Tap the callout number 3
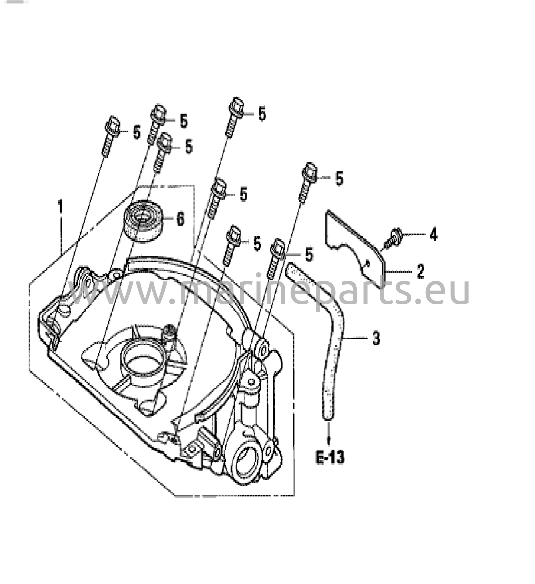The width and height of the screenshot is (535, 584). pyautogui.click(x=376, y=338)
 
